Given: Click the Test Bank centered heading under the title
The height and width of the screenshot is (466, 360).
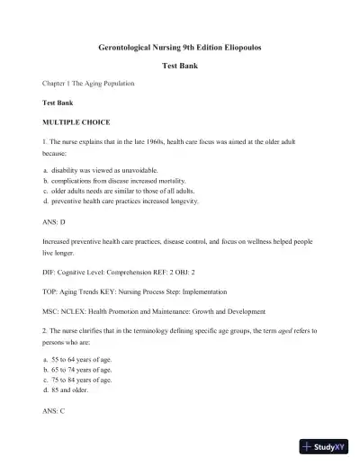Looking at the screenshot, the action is [180, 66].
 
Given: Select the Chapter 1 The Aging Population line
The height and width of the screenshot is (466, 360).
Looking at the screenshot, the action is [88, 84].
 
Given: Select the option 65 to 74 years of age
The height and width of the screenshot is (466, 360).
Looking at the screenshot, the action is [81, 370].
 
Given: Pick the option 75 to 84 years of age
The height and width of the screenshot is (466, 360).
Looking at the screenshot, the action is [81, 380].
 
